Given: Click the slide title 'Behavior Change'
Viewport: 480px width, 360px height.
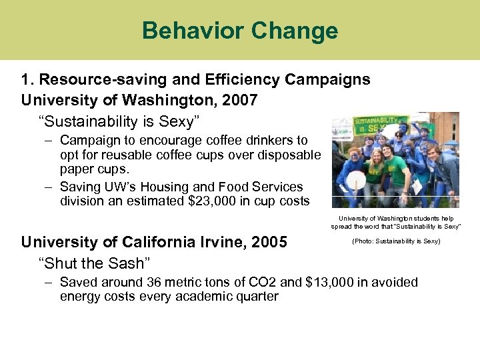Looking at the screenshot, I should tap(240, 31).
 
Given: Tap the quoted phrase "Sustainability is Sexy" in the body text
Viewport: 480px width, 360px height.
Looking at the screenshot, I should tap(119, 120).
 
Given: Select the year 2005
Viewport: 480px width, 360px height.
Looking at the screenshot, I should tap(268, 242).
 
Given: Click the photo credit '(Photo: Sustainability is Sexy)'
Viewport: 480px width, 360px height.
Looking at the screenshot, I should tap(396, 241).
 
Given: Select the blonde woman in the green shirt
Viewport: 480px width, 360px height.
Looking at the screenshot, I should tap(376, 170).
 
